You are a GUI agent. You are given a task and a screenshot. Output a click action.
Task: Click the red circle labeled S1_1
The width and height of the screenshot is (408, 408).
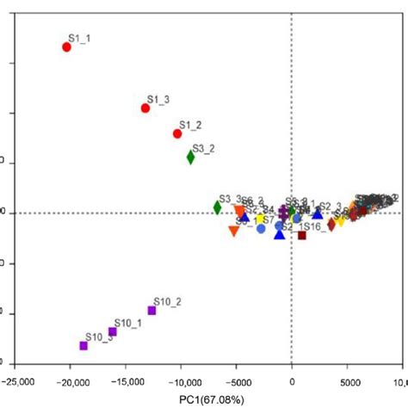66,46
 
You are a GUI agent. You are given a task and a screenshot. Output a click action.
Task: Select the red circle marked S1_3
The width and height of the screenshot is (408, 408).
145,108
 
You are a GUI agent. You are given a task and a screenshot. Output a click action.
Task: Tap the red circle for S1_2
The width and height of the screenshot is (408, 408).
177,133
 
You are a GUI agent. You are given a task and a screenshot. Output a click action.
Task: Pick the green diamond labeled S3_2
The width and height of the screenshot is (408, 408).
191,157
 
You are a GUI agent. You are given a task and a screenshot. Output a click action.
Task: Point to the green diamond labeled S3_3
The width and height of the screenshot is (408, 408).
218,207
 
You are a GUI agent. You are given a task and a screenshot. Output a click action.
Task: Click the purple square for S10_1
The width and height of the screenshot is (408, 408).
112,331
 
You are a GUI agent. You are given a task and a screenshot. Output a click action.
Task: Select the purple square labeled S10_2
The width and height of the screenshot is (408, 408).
151,310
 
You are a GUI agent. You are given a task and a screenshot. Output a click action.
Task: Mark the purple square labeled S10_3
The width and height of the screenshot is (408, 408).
83,345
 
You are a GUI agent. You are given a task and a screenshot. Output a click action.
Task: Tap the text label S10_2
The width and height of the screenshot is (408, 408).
167,301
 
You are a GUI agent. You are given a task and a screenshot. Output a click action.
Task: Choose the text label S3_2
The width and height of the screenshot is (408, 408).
204,148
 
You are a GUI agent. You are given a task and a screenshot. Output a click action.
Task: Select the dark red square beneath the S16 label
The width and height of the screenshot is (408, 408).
301,235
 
